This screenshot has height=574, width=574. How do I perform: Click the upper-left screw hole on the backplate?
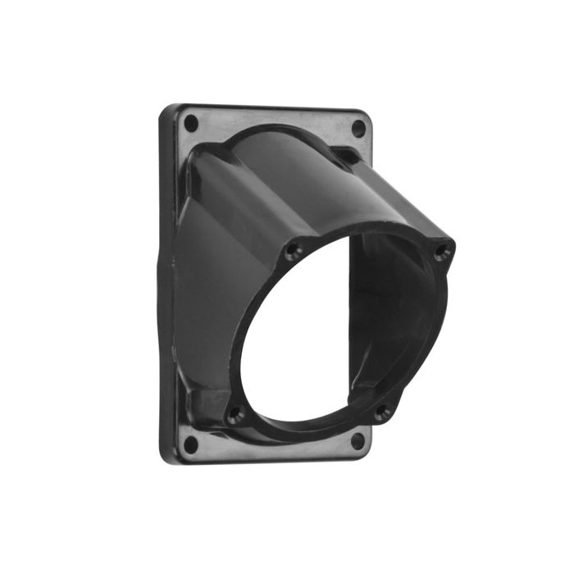coord(191,124)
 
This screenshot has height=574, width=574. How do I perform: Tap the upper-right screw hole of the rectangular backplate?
coord(358,128)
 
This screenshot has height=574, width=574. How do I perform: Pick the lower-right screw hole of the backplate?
coord(358,440)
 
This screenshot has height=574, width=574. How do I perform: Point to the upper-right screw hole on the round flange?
coord(443,251)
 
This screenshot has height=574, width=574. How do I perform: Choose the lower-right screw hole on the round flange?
coord(382,412)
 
